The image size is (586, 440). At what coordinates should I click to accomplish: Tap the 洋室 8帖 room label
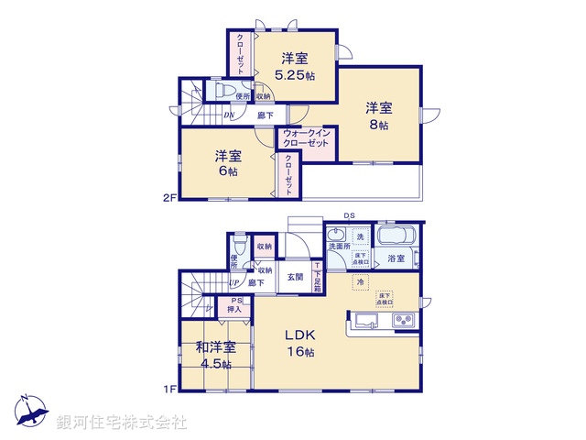coord(378,115)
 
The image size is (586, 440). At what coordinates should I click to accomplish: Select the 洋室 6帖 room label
coord(228,162)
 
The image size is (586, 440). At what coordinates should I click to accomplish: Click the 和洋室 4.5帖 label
coord(215,355)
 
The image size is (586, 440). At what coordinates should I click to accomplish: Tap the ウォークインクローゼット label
coord(306,137)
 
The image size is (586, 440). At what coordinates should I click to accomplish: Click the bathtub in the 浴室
coord(396,236)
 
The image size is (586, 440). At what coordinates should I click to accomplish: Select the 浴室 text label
coord(396,259)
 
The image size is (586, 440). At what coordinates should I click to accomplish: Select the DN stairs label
coord(230,115)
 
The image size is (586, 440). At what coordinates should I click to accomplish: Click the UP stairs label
coord(234,283)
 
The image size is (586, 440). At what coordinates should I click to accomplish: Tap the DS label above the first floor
coord(349,216)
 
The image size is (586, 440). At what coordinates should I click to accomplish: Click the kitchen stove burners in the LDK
coord(404,320)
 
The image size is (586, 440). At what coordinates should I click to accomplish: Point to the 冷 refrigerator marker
coord(362,283)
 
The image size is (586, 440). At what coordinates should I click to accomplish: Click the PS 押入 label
coord(235,306)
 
